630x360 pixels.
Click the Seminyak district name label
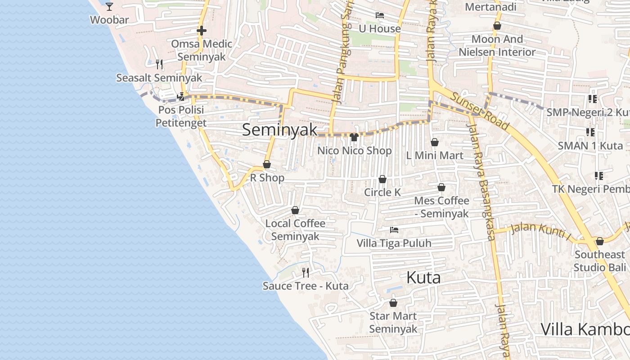[x=279, y=130]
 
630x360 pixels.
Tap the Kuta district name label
[x=423, y=278]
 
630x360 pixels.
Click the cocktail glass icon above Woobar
[x=109, y=6]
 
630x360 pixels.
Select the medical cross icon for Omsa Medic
[x=202, y=31]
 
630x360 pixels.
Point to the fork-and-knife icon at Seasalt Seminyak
[x=159, y=64]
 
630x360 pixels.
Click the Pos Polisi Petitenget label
[x=181, y=116]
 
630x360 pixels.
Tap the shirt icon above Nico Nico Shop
[x=354, y=137]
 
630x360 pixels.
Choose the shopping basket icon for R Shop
[x=267, y=165]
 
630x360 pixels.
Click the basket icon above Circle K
[x=382, y=180]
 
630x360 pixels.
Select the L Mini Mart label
[x=435, y=155]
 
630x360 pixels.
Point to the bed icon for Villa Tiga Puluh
[x=394, y=230]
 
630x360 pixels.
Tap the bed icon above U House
[x=379, y=15]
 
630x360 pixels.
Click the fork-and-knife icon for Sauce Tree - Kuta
[x=306, y=272]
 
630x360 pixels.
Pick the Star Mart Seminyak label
[x=393, y=322]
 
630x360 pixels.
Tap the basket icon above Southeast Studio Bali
[x=599, y=242]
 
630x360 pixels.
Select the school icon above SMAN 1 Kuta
[x=590, y=132]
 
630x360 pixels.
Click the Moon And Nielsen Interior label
[x=497, y=45]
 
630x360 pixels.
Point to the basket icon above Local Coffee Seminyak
[x=295, y=210]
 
